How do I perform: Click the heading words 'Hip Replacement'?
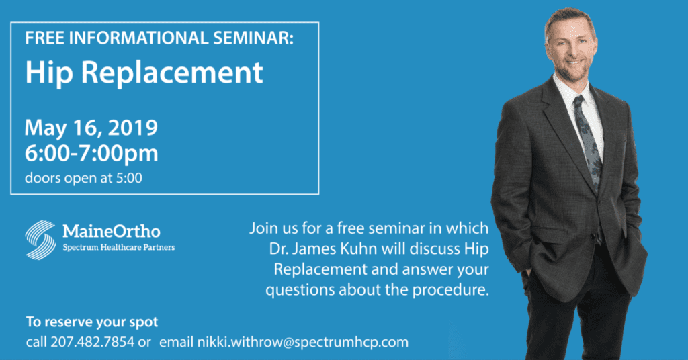pyautogui.click(x=144, y=73)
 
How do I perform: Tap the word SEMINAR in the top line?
pyautogui.click(x=253, y=38)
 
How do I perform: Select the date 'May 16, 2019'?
pyautogui.click(x=91, y=128)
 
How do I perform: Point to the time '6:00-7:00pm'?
pyautogui.click(x=91, y=154)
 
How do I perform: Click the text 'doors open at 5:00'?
pyautogui.click(x=83, y=178)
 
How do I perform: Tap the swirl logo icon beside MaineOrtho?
pyautogui.click(x=40, y=240)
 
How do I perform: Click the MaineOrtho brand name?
pyautogui.click(x=112, y=231)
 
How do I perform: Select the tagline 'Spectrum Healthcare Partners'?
pyautogui.click(x=119, y=247)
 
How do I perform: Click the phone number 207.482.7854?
pyautogui.click(x=92, y=342)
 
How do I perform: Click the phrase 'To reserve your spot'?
pyautogui.click(x=91, y=322)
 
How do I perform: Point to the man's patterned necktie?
pyautogui.click(x=588, y=140)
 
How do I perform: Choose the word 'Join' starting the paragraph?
pyautogui.click(x=265, y=228)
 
